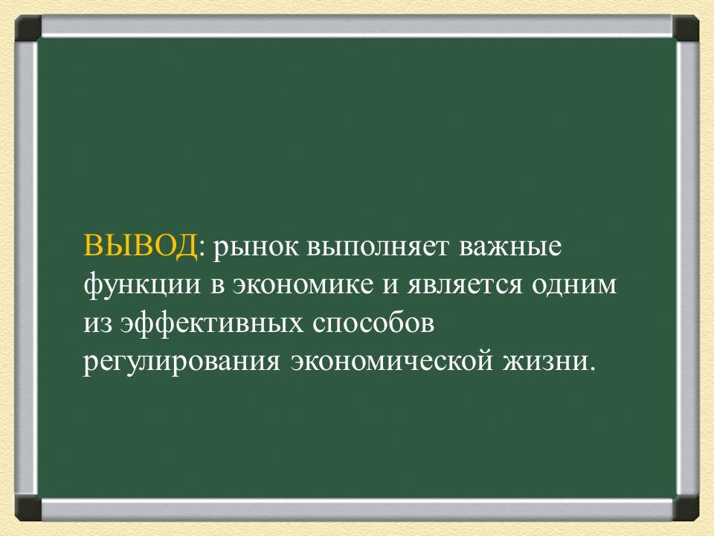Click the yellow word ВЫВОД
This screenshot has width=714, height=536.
[141, 246]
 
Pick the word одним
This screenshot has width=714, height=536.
[575, 285]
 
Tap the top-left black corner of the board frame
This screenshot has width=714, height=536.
[28, 28]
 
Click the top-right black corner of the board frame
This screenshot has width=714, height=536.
[686, 28]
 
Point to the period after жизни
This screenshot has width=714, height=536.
[593, 368]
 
